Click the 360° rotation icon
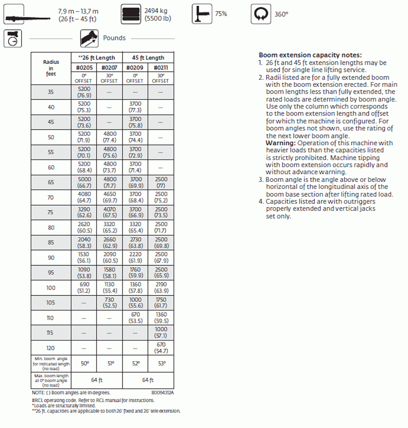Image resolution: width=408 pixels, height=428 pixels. (x=261, y=14)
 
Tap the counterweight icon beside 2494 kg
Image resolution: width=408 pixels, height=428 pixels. (x=131, y=14)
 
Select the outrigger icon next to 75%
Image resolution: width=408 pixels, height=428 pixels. (x=202, y=14)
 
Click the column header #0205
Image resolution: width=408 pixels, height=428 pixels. (x=84, y=67)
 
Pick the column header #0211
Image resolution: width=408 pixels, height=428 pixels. (x=161, y=67)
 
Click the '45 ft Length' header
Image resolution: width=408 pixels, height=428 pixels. (x=148, y=58)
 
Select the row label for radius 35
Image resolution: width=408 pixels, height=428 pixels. (x=51, y=92)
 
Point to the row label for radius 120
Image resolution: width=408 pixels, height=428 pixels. (x=51, y=348)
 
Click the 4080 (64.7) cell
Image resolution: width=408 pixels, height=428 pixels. (x=84, y=197)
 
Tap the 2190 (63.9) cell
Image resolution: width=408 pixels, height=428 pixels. (x=161, y=288)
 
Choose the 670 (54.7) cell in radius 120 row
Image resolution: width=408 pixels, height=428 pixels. (x=161, y=348)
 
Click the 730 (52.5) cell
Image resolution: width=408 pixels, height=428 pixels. (x=109, y=303)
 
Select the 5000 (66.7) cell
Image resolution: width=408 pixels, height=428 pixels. (x=84, y=182)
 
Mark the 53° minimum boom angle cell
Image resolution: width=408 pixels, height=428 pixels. (x=161, y=363)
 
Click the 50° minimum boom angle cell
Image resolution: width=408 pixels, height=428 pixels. (x=84, y=363)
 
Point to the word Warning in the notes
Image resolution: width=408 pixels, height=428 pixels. (x=280, y=143)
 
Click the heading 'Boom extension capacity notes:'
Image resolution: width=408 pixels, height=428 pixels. (x=310, y=55)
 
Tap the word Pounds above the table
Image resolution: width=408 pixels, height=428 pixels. (x=114, y=38)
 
